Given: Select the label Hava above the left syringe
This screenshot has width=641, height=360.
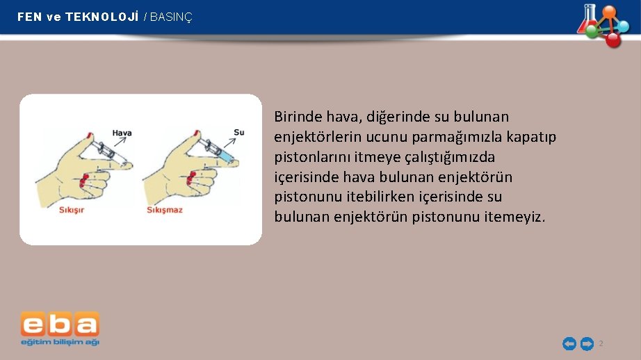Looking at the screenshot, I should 122,133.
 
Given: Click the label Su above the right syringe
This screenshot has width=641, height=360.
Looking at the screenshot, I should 238,132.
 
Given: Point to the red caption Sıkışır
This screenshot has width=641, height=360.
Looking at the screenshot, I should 71,209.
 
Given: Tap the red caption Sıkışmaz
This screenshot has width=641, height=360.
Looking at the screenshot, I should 165,209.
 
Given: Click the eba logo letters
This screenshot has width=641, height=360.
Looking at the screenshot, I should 60,325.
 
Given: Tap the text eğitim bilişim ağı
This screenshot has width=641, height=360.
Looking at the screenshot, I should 60,342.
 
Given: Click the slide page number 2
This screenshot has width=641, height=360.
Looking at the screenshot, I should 601,344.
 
